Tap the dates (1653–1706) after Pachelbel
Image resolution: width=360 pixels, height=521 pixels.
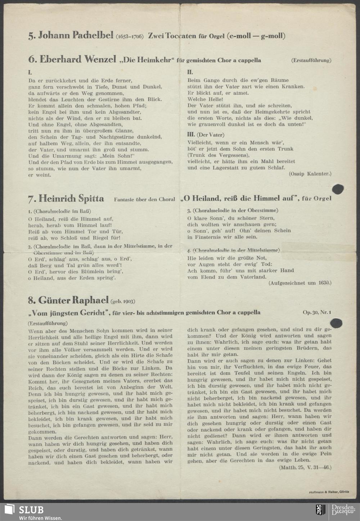130,36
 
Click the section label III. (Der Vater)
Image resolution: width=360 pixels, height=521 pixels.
206,135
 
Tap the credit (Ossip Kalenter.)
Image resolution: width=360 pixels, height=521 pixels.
310,174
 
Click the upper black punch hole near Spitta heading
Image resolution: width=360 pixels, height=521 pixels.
337,189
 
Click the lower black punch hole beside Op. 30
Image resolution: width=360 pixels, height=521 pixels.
336,322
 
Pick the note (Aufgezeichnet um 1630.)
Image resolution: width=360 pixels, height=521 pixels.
300,283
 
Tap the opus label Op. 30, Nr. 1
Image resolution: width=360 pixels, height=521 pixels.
317,312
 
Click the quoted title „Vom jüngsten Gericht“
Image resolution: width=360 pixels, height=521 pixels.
69,312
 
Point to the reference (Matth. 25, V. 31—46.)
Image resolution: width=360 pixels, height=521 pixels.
305,467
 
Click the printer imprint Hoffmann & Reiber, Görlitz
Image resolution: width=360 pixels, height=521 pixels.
329,492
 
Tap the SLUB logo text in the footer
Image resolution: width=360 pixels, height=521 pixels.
31,509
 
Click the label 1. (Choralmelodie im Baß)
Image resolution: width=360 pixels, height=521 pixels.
59,211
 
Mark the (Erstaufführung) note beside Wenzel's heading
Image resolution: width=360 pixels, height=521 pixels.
311,60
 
